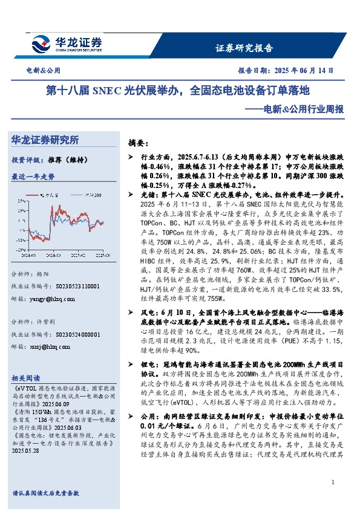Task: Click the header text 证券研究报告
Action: (244, 48)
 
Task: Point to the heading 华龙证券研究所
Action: (45, 140)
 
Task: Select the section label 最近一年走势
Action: (33, 177)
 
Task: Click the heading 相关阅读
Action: (27, 376)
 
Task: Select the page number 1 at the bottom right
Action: (333, 481)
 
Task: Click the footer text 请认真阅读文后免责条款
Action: (46, 493)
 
